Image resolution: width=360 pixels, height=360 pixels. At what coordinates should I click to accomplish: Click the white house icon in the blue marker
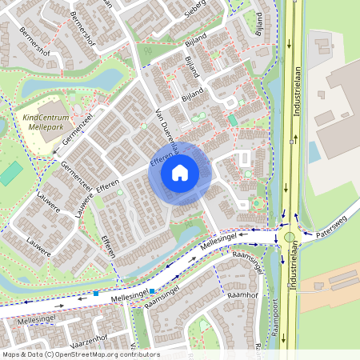pyautogui.click(x=180, y=172)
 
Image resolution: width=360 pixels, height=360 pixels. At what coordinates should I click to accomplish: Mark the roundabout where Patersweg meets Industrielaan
pyautogui.click(x=289, y=237)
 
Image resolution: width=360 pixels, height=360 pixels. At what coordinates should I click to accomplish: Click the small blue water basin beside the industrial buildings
pyautogui.click(x=314, y=151)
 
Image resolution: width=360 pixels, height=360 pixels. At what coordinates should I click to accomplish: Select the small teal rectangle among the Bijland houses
pyautogui.click(x=233, y=119)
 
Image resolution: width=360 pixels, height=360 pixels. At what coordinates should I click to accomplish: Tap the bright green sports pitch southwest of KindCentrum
pyautogui.click(x=10, y=173)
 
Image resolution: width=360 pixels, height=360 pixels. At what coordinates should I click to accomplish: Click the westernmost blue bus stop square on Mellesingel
pyautogui.click(x=97, y=294)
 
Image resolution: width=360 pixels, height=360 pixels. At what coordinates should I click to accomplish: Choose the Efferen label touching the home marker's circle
pyautogui.click(x=160, y=152)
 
